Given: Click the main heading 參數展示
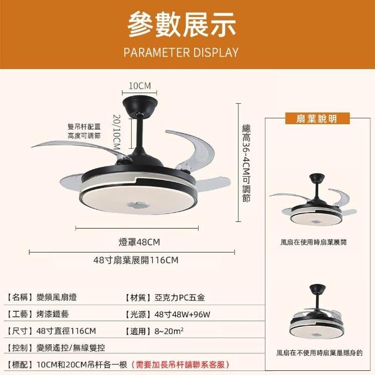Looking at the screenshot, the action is point(182,25).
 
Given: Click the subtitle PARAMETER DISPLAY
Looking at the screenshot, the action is point(181,52).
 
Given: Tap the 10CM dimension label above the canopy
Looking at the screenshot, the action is point(140,86).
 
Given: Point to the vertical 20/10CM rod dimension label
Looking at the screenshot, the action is point(117,132).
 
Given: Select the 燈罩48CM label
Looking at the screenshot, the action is point(139,242).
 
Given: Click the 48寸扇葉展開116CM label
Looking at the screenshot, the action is point(136,260).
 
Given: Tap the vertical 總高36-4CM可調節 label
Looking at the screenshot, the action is point(246,163).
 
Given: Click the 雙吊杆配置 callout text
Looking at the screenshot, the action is point(84,127).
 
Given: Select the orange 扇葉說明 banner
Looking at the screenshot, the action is point(317,118).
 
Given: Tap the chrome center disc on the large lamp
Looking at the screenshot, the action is point(138,205).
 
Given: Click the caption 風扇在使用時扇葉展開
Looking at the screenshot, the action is point(313,242).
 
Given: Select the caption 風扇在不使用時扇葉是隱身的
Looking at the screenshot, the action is point(319,353).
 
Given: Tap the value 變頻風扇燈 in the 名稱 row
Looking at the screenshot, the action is point(56,297).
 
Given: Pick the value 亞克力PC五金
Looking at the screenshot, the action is point(180,298).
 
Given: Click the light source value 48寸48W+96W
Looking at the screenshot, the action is point(182,314).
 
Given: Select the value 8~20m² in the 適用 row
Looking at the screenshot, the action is point(169,331).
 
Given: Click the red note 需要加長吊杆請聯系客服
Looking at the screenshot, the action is point(180,364).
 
